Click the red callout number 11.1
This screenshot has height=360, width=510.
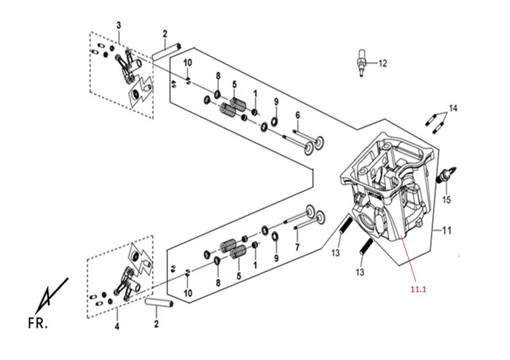[418, 289]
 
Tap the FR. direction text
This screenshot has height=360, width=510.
[38, 324]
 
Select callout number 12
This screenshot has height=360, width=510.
[382, 63]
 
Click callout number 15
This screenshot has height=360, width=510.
[447, 200]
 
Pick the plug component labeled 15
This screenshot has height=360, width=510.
[447, 174]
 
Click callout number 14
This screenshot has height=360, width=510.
[453, 109]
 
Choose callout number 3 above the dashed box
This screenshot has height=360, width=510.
[119, 26]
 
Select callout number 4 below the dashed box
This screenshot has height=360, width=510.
[117, 326]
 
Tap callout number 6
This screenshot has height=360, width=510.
[297, 115]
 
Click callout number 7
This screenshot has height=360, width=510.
[297, 247]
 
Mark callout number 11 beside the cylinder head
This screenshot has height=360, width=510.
[447, 230]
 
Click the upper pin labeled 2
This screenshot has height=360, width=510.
[166, 53]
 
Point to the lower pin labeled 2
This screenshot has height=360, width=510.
[160, 303]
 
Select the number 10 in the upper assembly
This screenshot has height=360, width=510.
[188, 63]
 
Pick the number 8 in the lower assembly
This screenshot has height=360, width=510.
[218, 283]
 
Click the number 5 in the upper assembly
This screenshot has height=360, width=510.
[234, 85]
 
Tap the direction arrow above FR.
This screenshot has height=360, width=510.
[52, 295]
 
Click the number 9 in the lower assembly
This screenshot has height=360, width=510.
[276, 259]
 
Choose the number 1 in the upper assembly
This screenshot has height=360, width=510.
[255, 94]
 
